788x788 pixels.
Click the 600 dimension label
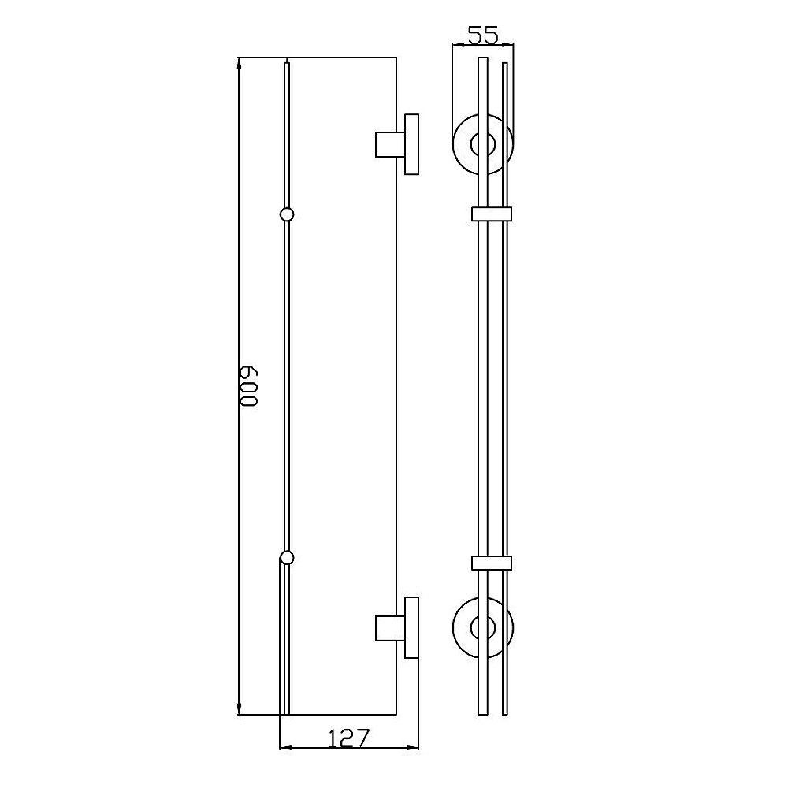[x=249, y=386]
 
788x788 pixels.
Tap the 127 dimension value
[x=349, y=738]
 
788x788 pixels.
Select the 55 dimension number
[x=483, y=35]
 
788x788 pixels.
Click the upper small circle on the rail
[x=287, y=214]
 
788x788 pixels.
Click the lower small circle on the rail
[x=287, y=558]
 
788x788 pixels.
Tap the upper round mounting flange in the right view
[x=453, y=144]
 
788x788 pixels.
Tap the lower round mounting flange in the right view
[x=453, y=628]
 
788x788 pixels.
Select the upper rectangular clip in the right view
[x=492, y=214]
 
